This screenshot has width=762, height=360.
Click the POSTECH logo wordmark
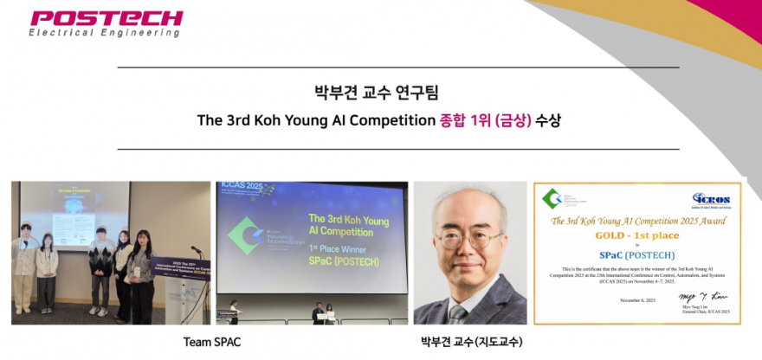106,18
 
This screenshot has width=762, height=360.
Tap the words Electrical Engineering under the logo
105,33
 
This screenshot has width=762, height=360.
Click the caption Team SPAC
212,342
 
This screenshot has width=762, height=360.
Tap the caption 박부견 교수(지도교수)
471,342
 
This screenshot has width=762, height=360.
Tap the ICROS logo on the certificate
711,200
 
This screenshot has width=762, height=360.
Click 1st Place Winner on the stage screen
332,247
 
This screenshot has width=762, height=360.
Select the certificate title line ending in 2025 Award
636,221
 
